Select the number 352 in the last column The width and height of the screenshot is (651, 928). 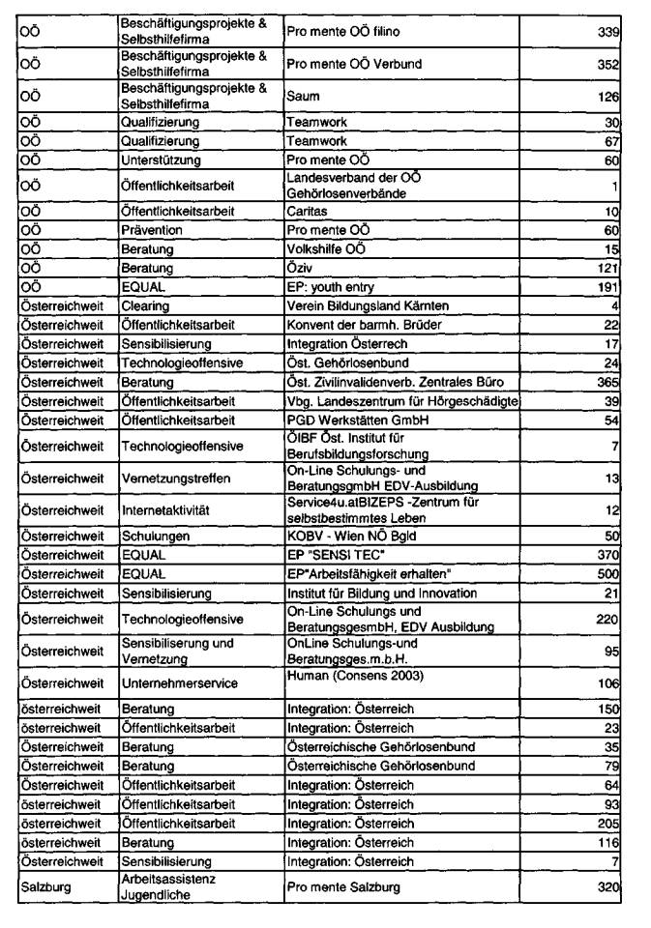607,65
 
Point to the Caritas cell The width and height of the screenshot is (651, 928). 307,211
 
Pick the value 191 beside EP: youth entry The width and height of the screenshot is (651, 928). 607,287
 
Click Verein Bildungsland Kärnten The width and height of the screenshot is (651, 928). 368,306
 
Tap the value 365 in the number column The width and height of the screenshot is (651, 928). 607,382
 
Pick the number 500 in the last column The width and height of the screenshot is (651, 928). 607,574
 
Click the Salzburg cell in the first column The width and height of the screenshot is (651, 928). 47,886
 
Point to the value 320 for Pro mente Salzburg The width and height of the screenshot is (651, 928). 607,886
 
